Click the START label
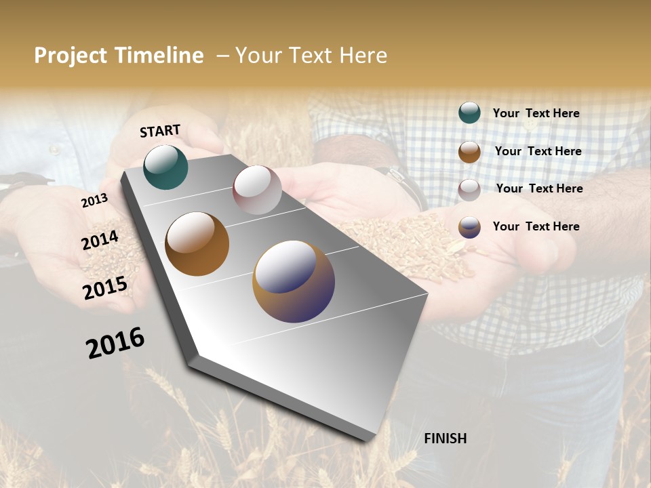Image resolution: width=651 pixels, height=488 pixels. [160, 130]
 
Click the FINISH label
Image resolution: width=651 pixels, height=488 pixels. [445, 439]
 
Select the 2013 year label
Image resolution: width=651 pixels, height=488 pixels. [94, 200]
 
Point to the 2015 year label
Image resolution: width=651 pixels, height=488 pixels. [105, 288]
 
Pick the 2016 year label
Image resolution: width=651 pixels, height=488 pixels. [115, 343]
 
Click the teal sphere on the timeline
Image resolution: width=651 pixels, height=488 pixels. [165, 167]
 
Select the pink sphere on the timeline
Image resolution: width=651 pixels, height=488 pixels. [257, 190]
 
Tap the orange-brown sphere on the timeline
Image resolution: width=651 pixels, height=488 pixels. [197, 244]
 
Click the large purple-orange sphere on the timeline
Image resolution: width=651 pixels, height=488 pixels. [294, 281]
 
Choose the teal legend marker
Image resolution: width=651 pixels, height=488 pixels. [469, 113]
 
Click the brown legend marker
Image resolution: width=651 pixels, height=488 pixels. [469, 152]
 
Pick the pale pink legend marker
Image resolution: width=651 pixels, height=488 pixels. [469, 190]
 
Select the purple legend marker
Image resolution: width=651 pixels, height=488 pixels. [469, 227]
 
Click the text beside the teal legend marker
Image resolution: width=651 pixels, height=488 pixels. [536, 113]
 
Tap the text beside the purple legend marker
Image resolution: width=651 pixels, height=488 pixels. [536, 226]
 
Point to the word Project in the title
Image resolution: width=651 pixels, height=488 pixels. [71, 56]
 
